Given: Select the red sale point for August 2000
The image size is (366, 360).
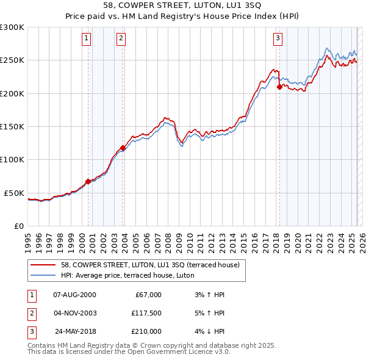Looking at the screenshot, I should click(x=88, y=181).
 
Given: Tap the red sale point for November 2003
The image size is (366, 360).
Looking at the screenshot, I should click(x=123, y=148).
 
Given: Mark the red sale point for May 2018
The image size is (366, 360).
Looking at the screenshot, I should click(x=279, y=87).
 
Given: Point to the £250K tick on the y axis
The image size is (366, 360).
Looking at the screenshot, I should click(x=12, y=60).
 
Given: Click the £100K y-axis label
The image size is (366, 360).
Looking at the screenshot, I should click(x=12, y=159).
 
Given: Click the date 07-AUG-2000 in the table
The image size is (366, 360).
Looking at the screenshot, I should click(x=74, y=295).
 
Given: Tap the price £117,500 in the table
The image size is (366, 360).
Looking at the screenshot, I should click(x=146, y=313).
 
